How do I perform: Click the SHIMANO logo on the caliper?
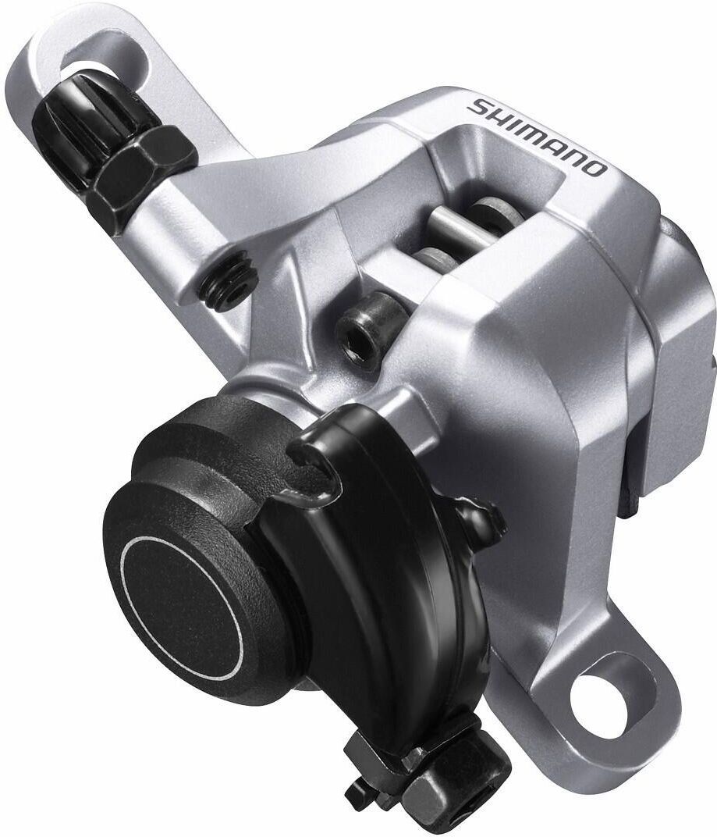coord(537,136)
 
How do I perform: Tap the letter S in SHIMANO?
coord(477,107)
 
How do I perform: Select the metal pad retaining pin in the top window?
coord(460,225)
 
